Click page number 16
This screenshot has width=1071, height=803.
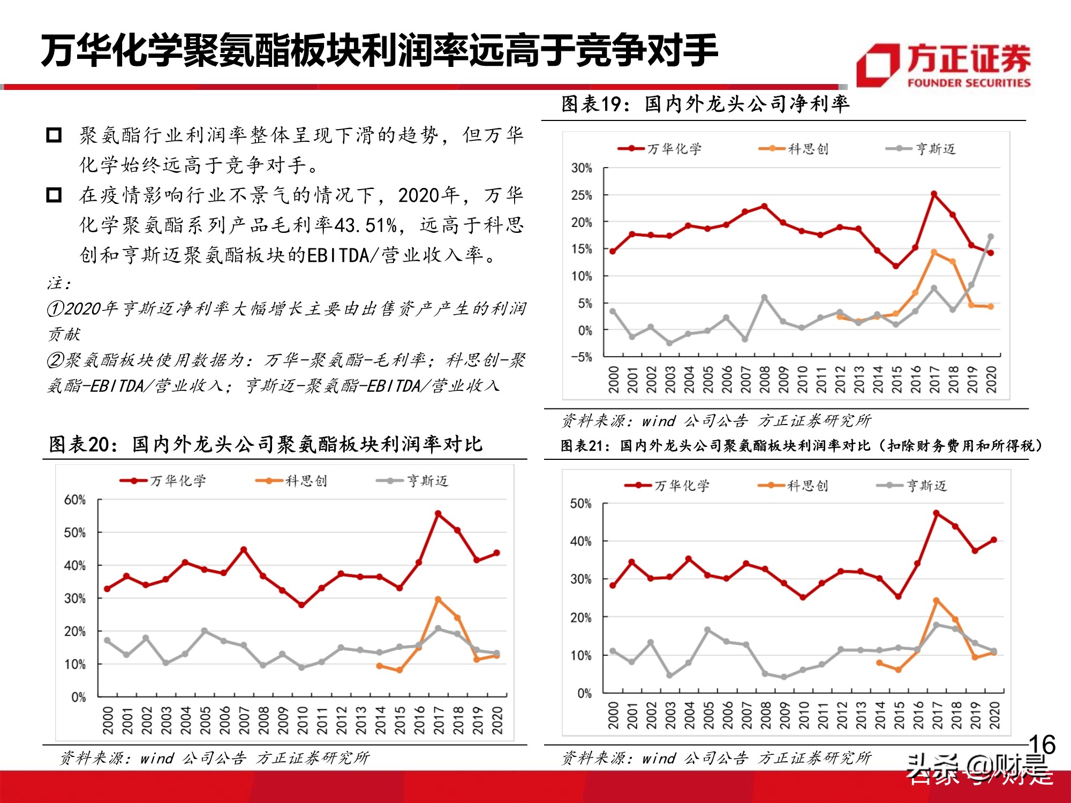(1042, 745)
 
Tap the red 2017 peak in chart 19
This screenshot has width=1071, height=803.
(934, 194)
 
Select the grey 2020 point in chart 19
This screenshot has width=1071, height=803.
(991, 237)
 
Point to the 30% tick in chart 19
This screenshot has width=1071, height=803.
(582, 168)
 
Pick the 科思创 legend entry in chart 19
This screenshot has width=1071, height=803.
(794, 149)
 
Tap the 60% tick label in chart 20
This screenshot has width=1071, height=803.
(75, 500)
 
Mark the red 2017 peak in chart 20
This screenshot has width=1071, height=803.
(438, 514)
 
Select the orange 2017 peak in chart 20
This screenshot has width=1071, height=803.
(438, 600)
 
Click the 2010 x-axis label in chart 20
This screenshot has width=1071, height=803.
(303, 720)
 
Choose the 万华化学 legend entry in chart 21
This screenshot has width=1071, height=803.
(667, 486)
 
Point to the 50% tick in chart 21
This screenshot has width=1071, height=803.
(580, 504)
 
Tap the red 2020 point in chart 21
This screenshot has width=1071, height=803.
(994, 540)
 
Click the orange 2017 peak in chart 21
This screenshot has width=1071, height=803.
(936, 601)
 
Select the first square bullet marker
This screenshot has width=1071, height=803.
(54, 135)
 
